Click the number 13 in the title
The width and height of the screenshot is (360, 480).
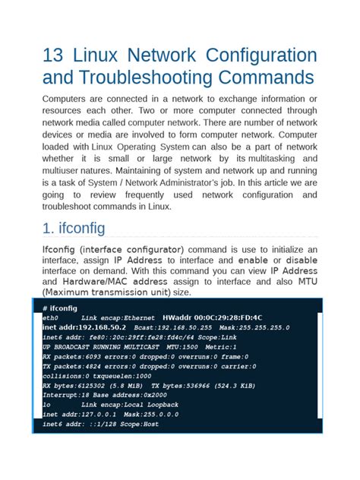pos(56,56)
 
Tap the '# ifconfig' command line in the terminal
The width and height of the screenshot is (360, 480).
pos(60,308)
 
